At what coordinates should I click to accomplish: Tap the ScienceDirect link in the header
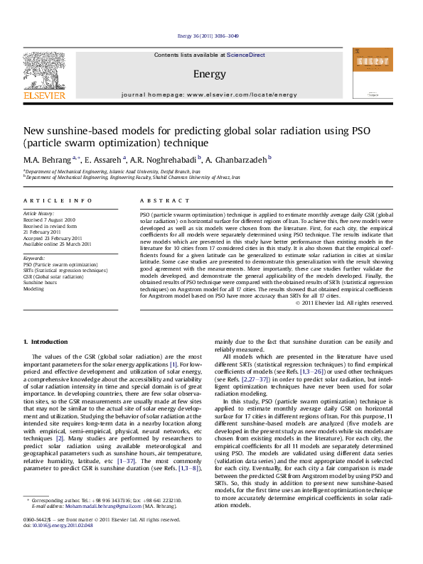(x=246, y=55)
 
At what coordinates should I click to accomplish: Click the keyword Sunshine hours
(x=39, y=282)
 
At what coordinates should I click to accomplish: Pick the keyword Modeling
(x=33, y=288)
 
